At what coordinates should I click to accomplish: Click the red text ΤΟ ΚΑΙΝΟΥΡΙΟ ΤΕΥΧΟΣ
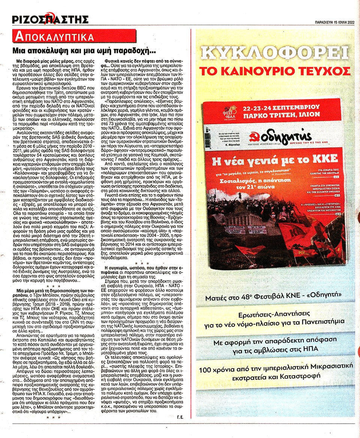coord(275,71)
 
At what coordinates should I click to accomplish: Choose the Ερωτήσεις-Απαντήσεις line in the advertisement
coord(275,318)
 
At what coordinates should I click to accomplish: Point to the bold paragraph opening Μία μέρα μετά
coord(52,292)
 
